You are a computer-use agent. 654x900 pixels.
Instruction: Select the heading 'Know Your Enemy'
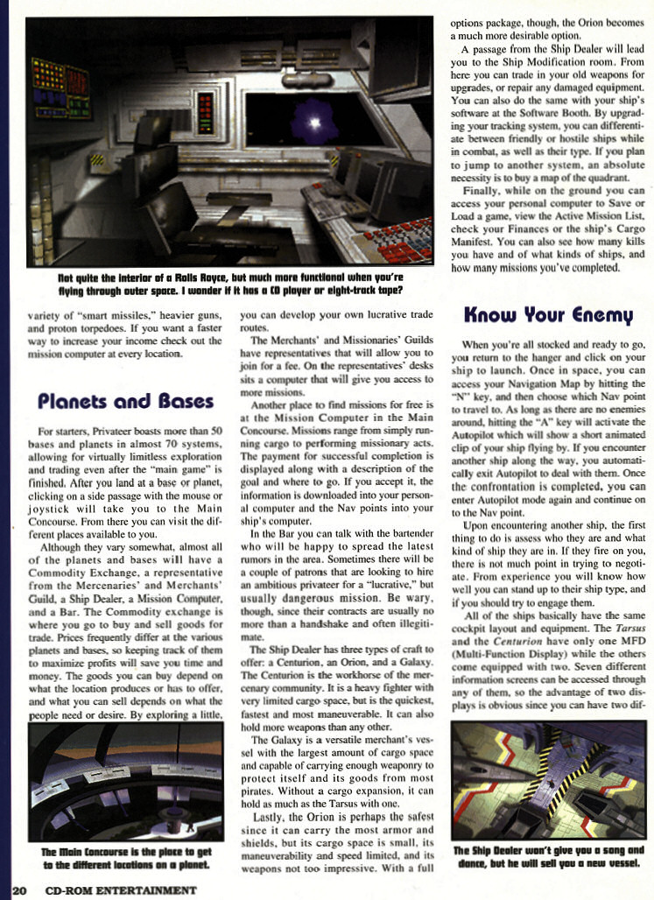click(x=547, y=313)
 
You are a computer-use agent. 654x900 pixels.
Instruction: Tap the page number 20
click(x=18, y=891)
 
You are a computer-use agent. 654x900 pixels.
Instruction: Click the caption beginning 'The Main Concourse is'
click(x=126, y=858)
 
